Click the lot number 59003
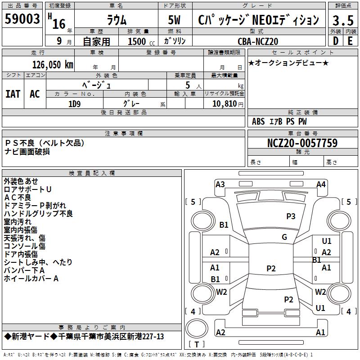pos(22,19)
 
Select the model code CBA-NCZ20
pos(258,41)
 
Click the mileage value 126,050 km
pos(53,65)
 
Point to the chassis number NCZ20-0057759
pos(302,144)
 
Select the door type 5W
pos(175,20)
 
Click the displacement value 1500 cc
pos(137,41)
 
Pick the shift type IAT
pos(13,94)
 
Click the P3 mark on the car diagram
pos(291,216)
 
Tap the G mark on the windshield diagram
pos(284,237)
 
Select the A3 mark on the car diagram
pos(220,184)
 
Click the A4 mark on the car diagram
pos(321,184)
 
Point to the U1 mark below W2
pos(320,308)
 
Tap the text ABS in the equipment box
pos(258,121)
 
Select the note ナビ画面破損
pos(27,151)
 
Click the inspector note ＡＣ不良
pos(18,198)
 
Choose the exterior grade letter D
pos(335,41)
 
